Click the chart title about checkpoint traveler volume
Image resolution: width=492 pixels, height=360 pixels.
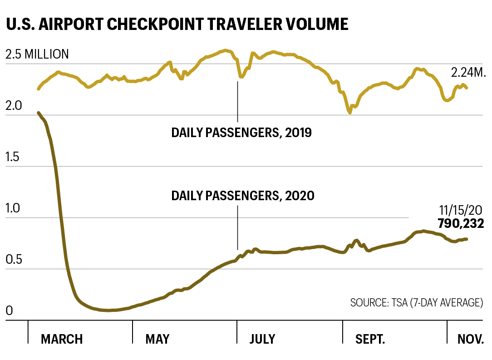[x=177, y=24]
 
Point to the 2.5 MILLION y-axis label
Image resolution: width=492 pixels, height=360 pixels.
[x=37, y=55]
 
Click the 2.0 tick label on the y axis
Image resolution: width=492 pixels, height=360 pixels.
[x=14, y=106]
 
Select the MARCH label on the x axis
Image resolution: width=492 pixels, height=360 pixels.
[x=62, y=339]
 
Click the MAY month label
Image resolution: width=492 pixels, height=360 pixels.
[x=157, y=339]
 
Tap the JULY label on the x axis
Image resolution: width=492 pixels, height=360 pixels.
[x=262, y=339]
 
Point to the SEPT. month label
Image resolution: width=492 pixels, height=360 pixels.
[x=370, y=339]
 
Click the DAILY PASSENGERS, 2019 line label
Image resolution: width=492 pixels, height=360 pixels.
[x=241, y=133]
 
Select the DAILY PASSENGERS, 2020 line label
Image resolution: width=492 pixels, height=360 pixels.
[x=243, y=196]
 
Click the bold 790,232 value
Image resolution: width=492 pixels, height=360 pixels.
[x=460, y=224]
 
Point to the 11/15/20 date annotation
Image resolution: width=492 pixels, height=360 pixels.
[x=461, y=211]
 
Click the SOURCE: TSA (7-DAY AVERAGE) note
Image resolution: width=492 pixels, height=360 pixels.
[x=416, y=303]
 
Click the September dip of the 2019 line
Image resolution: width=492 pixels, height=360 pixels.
[x=350, y=112]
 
